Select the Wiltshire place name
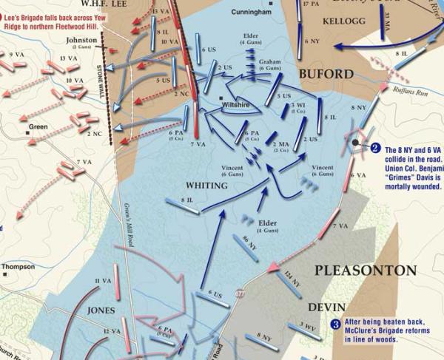pyautogui.click(x=236, y=106)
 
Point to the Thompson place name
pyautogui.click(x=19, y=267)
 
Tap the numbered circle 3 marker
pyautogui.click(x=335, y=323)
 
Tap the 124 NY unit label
pyautogui.click(x=292, y=279)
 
